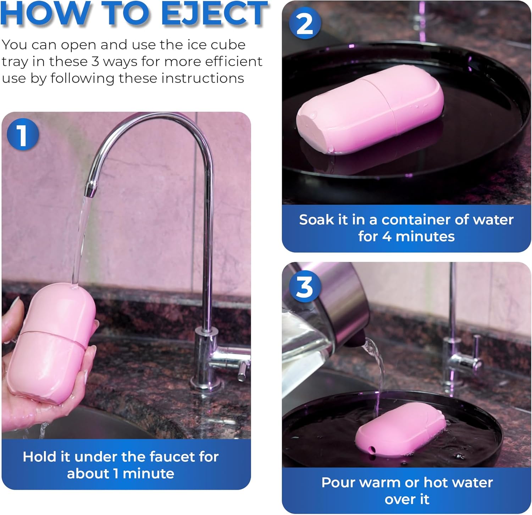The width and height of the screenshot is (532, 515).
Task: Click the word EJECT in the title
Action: pos(214,13)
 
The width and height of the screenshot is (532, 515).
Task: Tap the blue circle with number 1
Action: pos(22,135)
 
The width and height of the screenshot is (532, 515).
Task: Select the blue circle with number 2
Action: pos(305,23)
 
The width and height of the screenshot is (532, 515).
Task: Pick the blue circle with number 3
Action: pos(305,287)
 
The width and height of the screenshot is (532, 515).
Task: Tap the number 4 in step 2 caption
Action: pos(387,236)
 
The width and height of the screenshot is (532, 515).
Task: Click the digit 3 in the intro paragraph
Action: pos(95,61)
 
